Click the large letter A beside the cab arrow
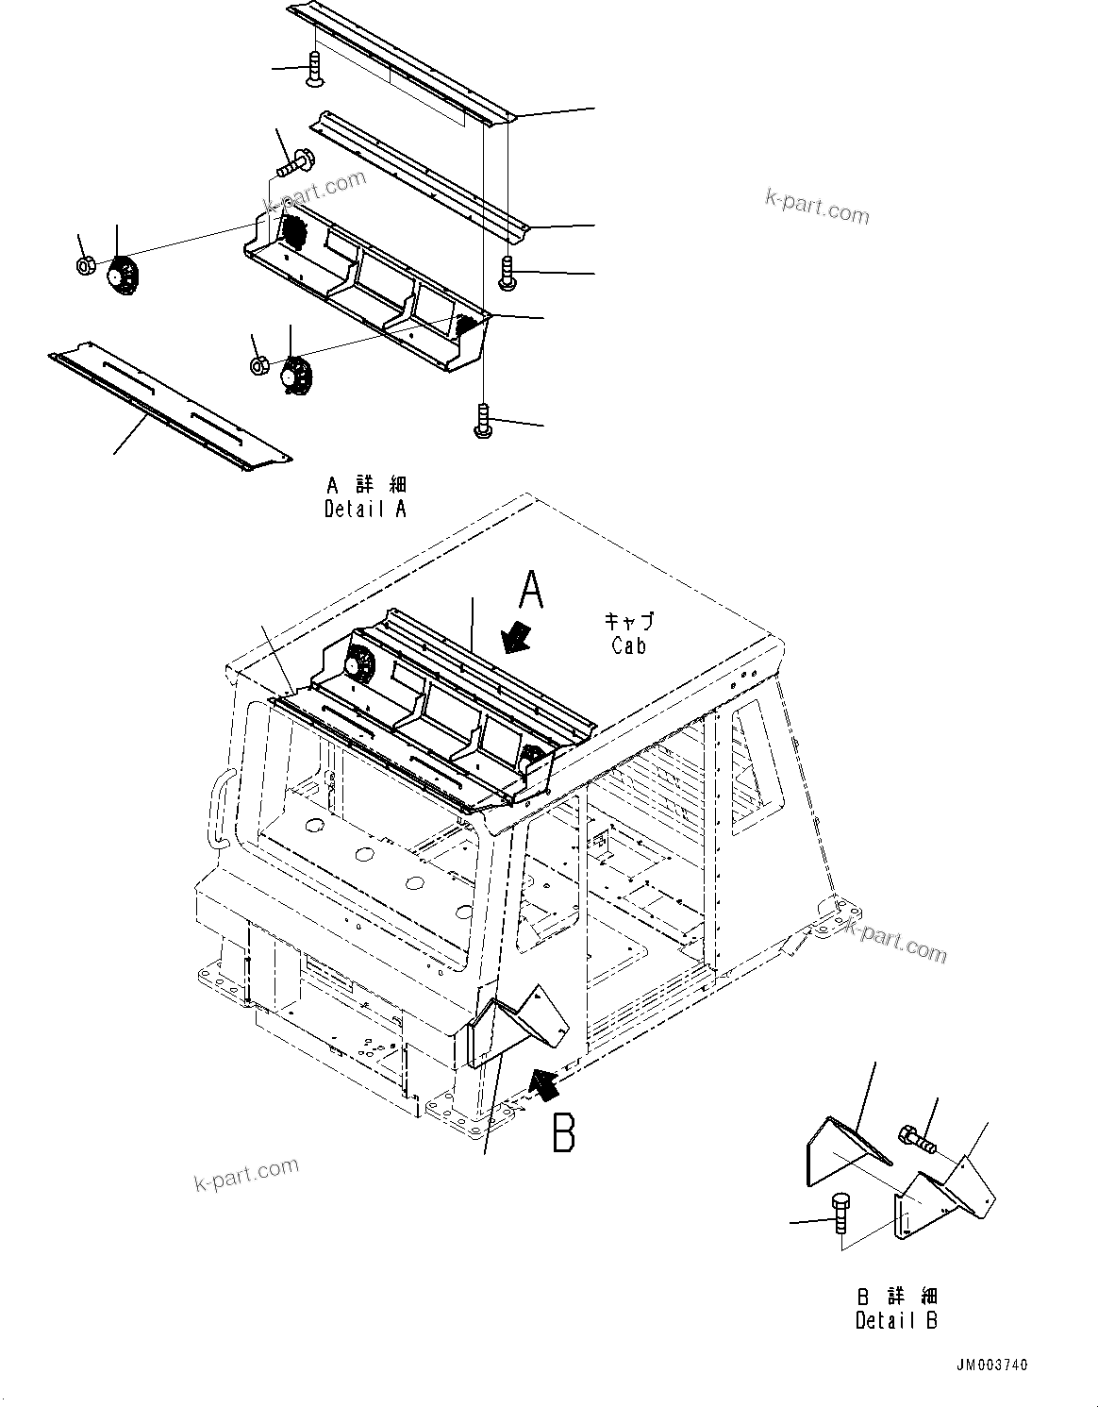(532, 593)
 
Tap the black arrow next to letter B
(544, 1085)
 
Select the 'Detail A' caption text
(366, 509)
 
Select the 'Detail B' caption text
(896, 1320)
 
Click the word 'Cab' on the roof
(628, 646)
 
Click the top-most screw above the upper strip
(316, 71)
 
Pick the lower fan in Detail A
(296, 376)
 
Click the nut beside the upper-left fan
(84, 266)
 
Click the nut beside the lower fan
(258, 366)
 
